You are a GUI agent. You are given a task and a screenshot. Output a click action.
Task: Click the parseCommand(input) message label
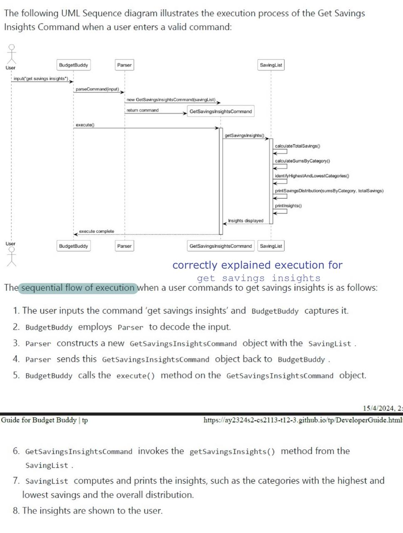(97, 89)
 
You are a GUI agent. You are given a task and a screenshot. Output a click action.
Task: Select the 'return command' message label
(142, 110)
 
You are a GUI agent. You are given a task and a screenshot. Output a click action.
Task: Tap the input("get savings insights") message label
(41, 79)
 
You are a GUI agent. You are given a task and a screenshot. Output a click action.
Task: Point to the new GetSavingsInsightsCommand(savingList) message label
(171, 100)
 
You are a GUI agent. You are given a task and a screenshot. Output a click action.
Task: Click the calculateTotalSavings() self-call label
(297, 146)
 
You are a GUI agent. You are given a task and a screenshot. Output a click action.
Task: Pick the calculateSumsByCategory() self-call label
(302, 161)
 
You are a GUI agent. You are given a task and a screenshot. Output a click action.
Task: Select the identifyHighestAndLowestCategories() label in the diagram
(312, 176)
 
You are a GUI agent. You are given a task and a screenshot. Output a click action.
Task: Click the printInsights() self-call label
(288, 206)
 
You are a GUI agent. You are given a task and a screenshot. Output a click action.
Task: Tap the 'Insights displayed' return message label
(246, 221)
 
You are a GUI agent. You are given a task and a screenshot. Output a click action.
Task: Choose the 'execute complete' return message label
(96, 232)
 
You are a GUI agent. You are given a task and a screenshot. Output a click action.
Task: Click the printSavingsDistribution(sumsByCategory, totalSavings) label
(329, 191)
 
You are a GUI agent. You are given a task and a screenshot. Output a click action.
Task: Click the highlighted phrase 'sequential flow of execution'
(78, 288)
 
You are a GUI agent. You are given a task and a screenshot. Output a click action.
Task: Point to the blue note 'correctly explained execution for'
(257, 265)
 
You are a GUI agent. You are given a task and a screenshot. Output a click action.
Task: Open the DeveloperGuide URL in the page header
(303, 420)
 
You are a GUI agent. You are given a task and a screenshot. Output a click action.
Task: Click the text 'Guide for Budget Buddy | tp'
(44, 420)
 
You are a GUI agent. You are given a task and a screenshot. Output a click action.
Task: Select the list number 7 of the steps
(16, 481)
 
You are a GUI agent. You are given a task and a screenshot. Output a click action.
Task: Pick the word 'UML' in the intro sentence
(70, 13)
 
